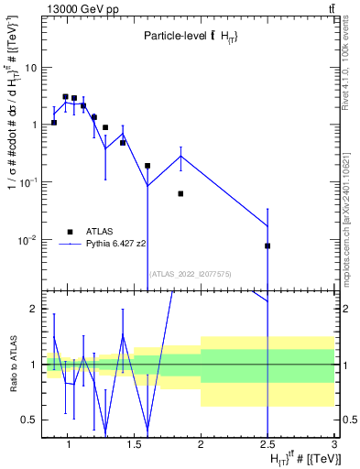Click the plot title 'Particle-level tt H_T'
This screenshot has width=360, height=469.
click(191, 36)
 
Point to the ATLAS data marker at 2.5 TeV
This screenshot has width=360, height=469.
click(267, 245)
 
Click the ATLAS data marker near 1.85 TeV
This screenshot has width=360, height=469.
click(181, 193)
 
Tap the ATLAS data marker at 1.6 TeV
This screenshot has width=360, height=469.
click(147, 166)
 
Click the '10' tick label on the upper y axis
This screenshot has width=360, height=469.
click(31, 67)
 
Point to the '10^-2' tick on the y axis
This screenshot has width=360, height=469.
click(27, 240)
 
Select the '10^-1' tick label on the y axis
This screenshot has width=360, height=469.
click(27, 182)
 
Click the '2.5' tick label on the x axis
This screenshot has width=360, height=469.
click(267, 444)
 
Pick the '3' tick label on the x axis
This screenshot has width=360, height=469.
click(334, 444)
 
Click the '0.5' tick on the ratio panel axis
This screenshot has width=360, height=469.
click(29, 420)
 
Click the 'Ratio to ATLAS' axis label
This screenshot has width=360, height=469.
click(13, 365)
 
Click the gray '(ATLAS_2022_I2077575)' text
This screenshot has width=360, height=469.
click(191, 274)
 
